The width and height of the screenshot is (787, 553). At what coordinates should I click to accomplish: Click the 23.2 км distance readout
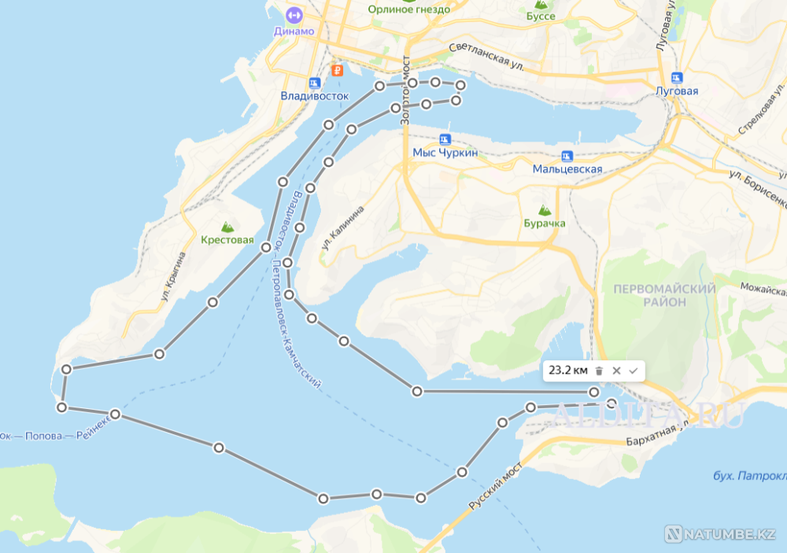(567, 370)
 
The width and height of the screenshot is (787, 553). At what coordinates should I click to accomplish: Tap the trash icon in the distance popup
(599, 371)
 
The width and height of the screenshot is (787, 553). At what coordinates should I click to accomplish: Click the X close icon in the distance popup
(616, 371)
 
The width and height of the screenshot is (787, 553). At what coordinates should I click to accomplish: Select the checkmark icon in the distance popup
(633, 371)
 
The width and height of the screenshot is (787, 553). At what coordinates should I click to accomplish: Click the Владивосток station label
(314, 95)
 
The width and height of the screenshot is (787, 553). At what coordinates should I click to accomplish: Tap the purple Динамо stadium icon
(294, 14)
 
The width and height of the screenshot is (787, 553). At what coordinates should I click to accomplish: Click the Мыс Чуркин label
(445, 153)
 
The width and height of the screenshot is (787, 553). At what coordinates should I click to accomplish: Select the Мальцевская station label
(567, 168)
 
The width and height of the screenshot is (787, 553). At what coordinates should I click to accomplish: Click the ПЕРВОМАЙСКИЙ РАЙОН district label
(664, 295)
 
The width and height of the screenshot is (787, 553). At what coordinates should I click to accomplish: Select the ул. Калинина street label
(342, 228)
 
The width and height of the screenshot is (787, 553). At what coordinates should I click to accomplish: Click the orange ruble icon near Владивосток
(337, 70)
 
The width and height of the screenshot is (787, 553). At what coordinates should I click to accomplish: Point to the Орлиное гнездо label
(409, 9)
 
